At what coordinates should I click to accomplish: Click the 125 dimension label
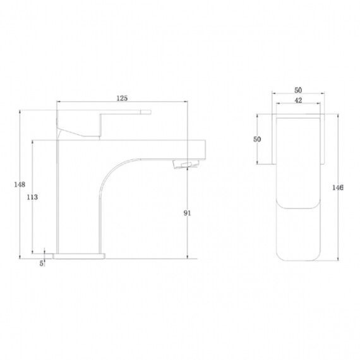pyautogui.click(x=122, y=99)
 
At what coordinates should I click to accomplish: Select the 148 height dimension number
pyautogui.click(x=20, y=184)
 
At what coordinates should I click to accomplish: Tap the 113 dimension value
pyautogui.click(x=32, y=197)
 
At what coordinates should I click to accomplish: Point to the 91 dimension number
pyautogui.click(x=187, y=213)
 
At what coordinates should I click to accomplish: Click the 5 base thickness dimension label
pyautogui.click(x=41, y=263)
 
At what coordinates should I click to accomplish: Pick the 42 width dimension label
pyautogui.click(x=298, y=100)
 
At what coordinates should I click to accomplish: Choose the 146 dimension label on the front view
pyautogui.click(x=338, y=188)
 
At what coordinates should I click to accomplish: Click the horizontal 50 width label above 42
pyautogui.click(x=298, y=90)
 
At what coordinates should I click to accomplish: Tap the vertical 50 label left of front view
pyautogui.click(x=257, y=139)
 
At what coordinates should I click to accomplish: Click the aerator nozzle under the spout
pyautogui.click(x=186, y=164)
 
